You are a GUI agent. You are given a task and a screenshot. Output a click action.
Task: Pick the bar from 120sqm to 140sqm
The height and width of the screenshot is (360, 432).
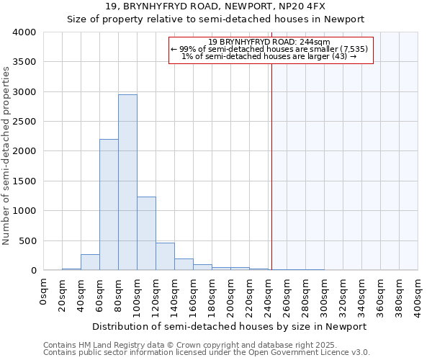tap(165, 256)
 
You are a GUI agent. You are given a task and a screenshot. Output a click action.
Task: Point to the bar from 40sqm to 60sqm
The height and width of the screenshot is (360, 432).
tap(90, 262)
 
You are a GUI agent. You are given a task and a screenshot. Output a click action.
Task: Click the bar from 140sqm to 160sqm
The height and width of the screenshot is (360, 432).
tap(184, 264)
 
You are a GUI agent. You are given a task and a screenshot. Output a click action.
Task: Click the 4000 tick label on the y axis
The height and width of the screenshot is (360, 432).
tap(24, 32)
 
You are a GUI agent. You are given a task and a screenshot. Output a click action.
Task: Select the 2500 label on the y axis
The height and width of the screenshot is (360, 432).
tap(24, 122)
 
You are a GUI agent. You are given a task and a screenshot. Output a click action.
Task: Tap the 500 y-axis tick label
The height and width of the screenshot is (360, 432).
tap(27, 240)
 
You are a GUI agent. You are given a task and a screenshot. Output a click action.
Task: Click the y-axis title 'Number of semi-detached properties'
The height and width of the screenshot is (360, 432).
tap(6, 155)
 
